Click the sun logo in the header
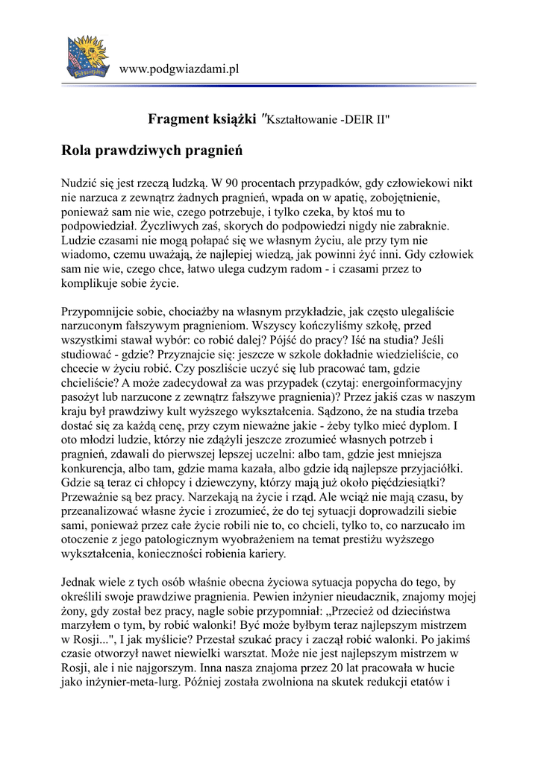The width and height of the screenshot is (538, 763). click(x=88, y=55)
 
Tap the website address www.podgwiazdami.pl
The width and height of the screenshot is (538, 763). click(x=179, y=69)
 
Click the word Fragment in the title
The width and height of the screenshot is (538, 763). click(x=178, y=118)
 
